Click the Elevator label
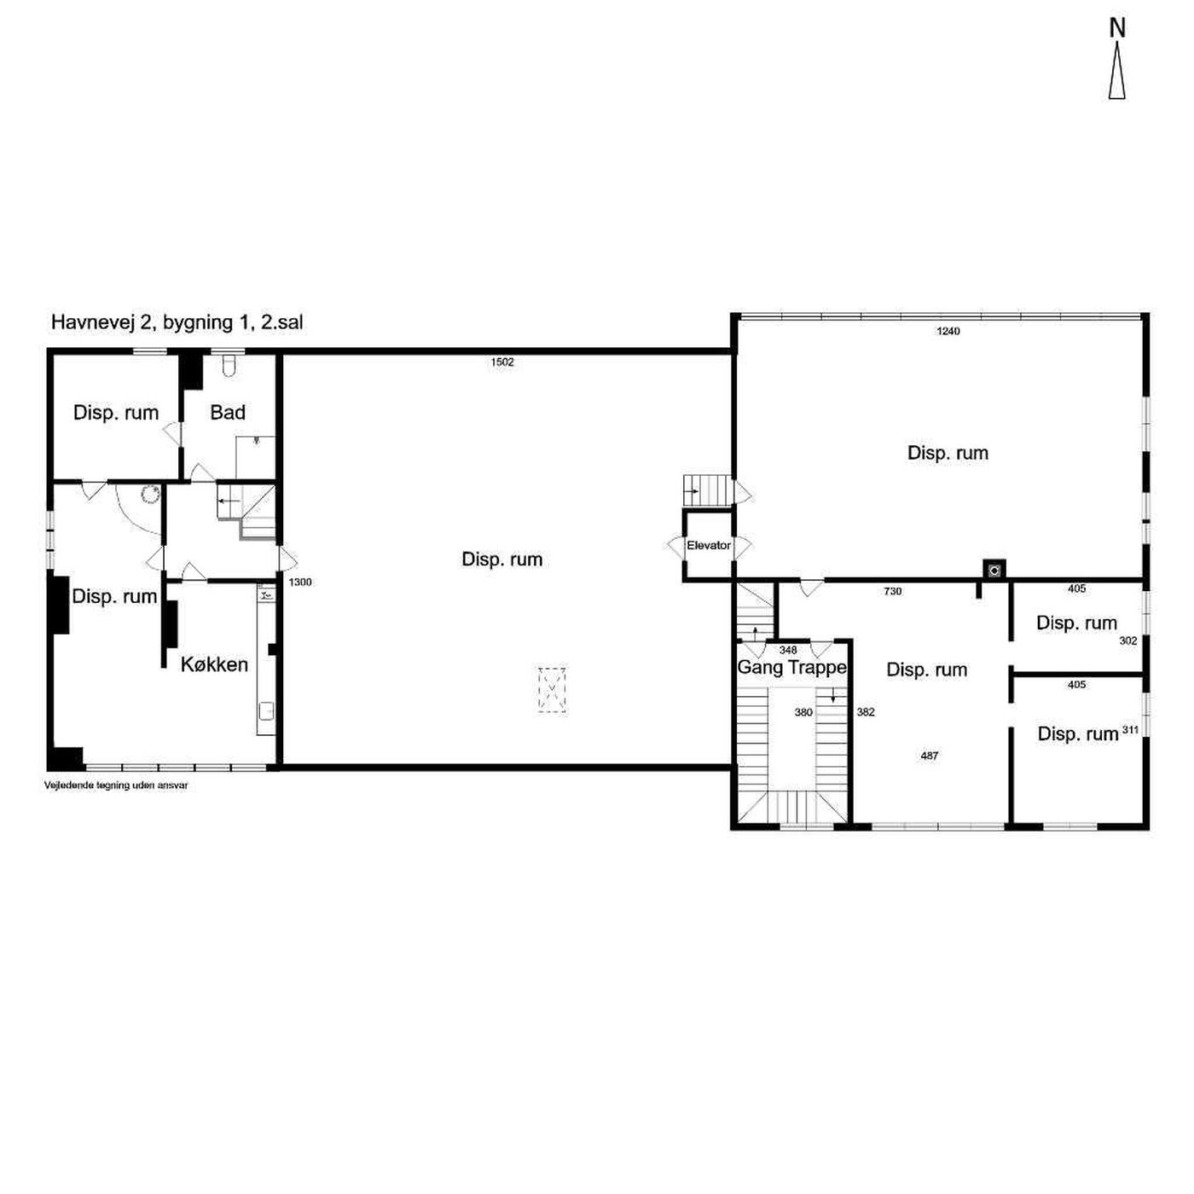[x=708, y=545]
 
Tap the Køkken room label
[x=214, y=664]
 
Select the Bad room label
[x=228, y=412]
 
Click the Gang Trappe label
[x=791, y=667]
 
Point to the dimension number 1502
[x=502, y=362]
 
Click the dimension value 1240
[x=948, y=331]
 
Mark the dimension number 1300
[x=300, y=582]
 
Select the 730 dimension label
[x=893, y=591]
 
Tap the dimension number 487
[x=930, y=756]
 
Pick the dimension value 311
[x=1130, y=730]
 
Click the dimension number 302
[x=1128, y=640]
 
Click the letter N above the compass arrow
[x=1117, y=28]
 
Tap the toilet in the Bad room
[x=228, y=366]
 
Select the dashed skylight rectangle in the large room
[x=552, y=690]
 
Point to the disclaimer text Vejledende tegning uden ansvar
[x=116, y=785]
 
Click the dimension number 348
[x=788, y=650]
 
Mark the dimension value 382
[x=866, y=712]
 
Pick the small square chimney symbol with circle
[x=994, y=570]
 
